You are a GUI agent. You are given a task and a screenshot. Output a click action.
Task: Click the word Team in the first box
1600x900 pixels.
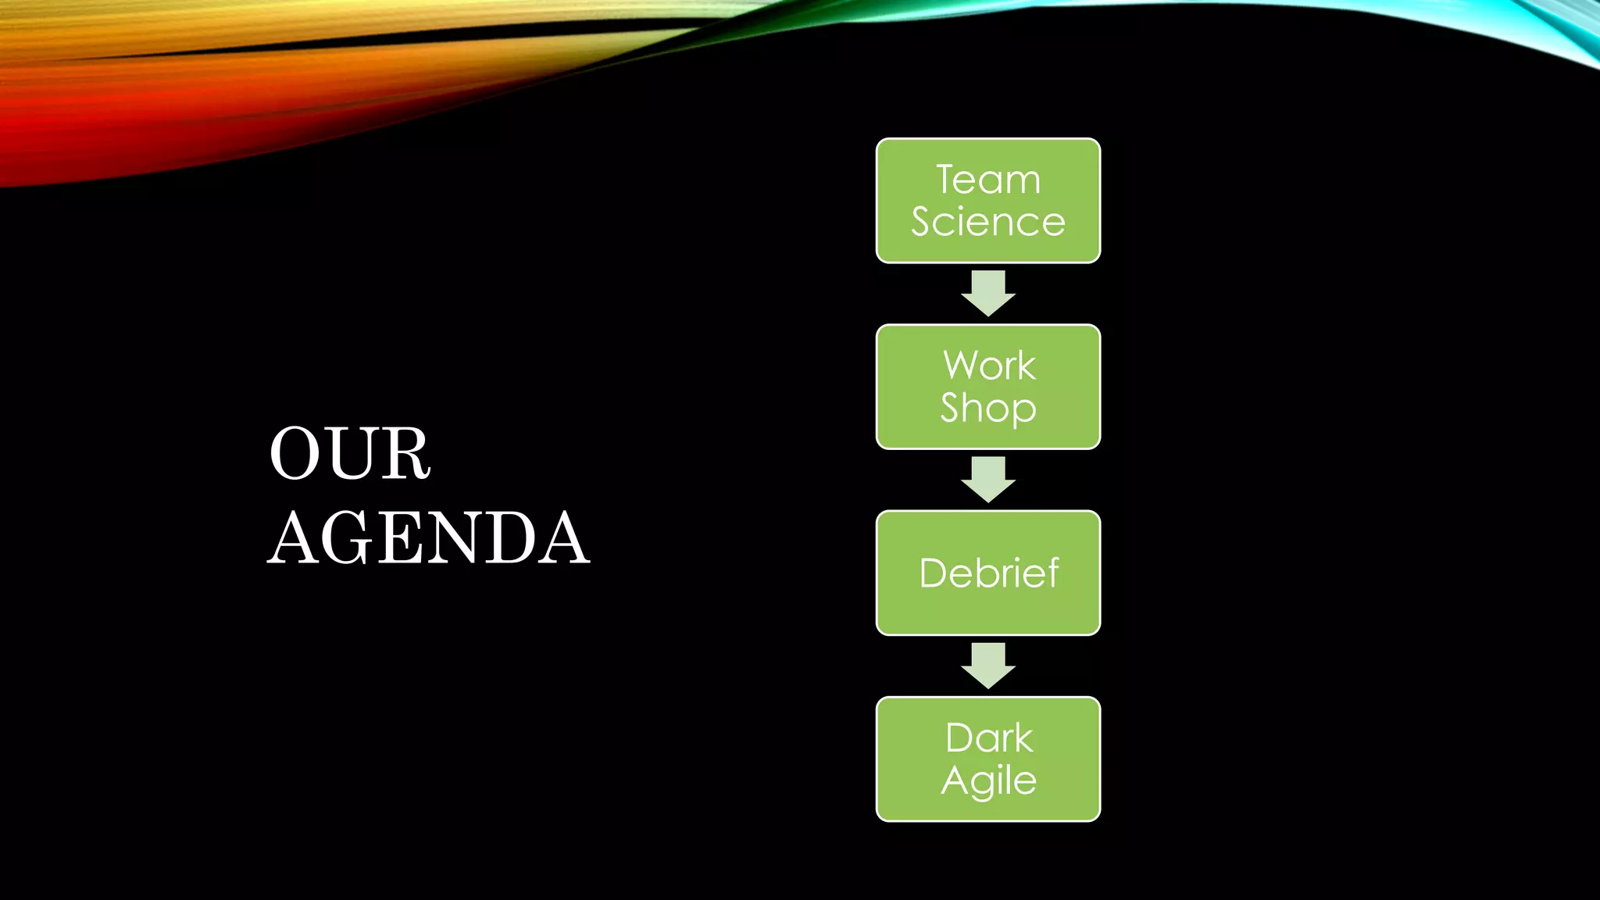click(988, 180)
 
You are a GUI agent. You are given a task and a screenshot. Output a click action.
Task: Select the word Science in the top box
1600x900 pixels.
click(988, 222)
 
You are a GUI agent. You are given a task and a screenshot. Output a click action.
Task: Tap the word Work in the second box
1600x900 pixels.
click(989, 366)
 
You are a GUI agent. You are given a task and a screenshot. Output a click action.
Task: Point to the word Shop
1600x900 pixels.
click(988, 408)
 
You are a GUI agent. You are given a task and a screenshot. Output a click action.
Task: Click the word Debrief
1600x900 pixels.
click(989, 573)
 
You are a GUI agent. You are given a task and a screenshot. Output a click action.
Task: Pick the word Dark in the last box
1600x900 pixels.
click(989, 738)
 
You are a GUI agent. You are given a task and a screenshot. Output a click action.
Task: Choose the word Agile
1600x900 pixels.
click(989, 780)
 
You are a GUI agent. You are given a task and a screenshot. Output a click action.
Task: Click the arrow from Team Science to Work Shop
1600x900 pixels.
click(988, 294)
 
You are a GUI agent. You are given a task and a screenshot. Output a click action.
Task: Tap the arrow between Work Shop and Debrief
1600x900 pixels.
click(988, 480)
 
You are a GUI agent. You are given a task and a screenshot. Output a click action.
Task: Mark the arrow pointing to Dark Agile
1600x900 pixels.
click(988, 666)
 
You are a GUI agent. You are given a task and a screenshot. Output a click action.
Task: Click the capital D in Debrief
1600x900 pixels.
click(934, 573)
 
